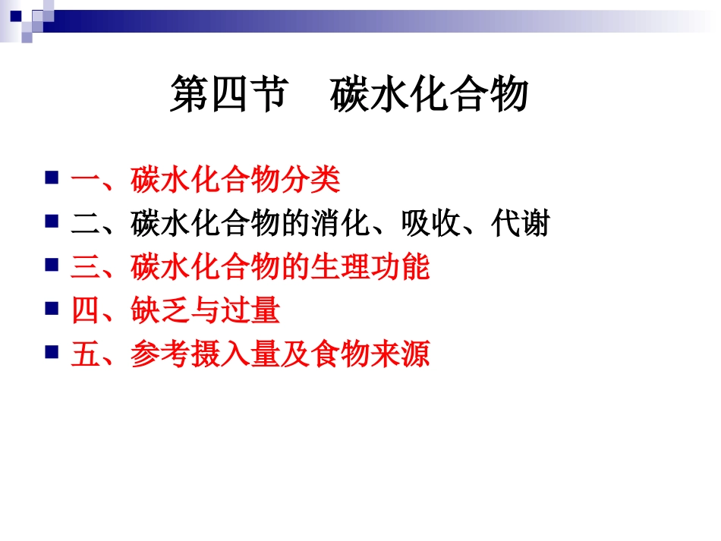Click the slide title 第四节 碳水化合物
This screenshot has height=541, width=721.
[348, 96]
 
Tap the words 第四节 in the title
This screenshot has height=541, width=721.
[227, 96]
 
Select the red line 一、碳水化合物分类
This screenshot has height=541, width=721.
[206, 181]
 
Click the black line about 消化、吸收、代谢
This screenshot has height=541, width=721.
[310, 224]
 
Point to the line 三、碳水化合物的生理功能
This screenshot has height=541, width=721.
[250, 267]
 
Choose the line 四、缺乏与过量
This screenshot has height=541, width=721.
[175, 310]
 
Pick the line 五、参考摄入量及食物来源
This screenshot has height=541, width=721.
[250, 354]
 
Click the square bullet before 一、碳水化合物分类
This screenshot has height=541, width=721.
[52, 179]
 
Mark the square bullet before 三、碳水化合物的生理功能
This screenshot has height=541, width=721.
[52, 265]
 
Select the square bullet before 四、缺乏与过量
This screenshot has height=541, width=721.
[52, 308]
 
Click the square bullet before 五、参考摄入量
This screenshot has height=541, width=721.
[52, 352]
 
